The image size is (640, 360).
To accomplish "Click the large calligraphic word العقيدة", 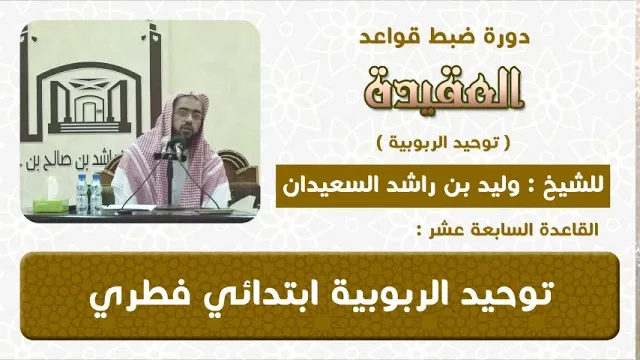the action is point(443,88).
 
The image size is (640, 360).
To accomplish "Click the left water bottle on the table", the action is point(82,195).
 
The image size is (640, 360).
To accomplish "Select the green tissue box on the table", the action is point(51,205).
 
